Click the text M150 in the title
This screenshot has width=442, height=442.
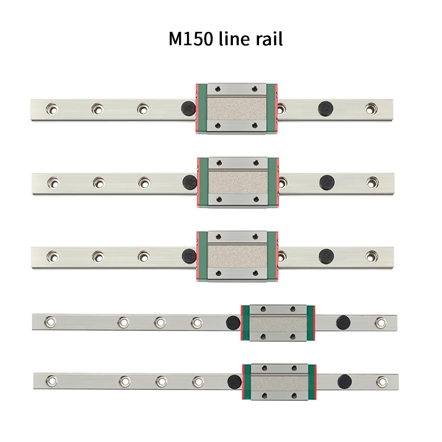(191, 39)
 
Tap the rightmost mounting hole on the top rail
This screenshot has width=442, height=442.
(370, 108)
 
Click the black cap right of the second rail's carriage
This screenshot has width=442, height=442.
(327, 181)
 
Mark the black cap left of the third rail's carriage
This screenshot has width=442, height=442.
(189, 255)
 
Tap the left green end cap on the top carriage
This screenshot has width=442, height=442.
(202, 108)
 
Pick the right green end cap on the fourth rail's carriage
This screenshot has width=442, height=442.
(310, 323)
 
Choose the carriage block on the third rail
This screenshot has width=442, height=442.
(238, 255)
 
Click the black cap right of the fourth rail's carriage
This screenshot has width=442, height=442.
(343, 322)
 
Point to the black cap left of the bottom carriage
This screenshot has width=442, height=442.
(234, 381)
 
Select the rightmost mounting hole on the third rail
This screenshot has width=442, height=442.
(372, 255)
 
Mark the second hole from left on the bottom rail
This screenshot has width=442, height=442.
(125, 380)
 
